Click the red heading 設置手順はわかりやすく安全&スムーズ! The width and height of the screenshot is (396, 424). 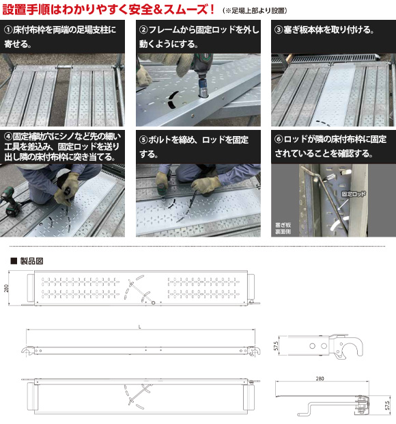[109, 10]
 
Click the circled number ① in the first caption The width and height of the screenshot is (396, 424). [8, 29]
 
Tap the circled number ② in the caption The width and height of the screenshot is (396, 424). [144, 29]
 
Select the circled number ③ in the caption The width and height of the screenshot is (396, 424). [279, 29]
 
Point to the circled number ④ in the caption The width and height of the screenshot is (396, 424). [8, 137]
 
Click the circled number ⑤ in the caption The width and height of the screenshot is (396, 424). [144, 140]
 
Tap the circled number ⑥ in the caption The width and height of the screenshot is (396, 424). [279, 140]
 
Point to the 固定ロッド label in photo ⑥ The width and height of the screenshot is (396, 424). [354, 194]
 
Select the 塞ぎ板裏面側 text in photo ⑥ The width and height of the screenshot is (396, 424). [283, 228]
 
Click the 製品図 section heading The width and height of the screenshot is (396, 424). [31, 261]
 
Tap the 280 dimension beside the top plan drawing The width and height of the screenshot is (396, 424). [6, 289]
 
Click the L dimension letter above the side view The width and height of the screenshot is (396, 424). [139, 327]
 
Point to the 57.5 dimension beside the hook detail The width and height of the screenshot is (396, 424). [276, 346]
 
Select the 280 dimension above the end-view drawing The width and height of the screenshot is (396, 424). [320, 379]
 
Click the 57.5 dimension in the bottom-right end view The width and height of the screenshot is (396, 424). [388, 406]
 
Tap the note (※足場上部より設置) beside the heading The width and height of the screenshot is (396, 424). [255, 10]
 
